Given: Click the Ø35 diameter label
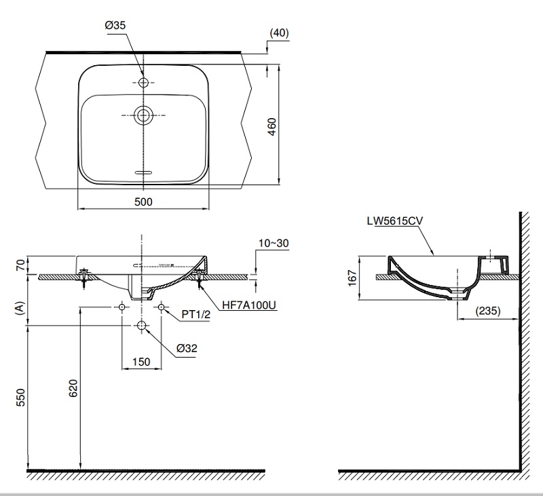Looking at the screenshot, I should coord(115,26).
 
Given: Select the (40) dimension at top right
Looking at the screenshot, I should coord(279,33).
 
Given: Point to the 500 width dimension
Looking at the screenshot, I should coord(143,202).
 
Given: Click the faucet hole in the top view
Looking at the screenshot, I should coord(143,83).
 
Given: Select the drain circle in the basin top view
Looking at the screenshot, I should coord(143,116).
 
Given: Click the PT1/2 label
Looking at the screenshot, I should coord(195,315).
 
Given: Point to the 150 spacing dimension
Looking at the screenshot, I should coord(141,362).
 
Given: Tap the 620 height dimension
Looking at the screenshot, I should coord(74,387).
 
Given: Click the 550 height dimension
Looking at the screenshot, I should coord(20,398).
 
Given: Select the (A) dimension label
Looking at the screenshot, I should coord(20,308).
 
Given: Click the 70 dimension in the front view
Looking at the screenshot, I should coord(20,265).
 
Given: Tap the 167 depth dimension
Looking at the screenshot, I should coord(352,278).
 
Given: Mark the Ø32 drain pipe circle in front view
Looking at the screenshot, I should coord(141,326).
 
